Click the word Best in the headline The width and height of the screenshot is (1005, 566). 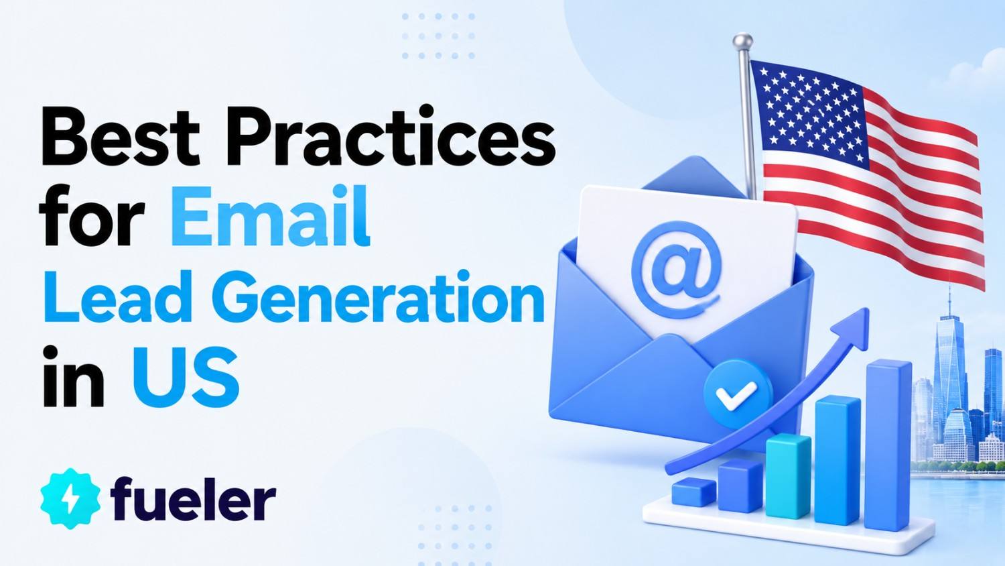120,136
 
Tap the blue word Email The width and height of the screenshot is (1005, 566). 270,216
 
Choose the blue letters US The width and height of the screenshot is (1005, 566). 186,377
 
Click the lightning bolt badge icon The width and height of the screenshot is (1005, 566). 70,498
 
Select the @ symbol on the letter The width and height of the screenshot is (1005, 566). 676,270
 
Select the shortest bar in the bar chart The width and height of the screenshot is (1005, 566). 693,492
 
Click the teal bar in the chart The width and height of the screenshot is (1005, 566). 789,476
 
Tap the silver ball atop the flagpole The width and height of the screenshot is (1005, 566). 742,41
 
